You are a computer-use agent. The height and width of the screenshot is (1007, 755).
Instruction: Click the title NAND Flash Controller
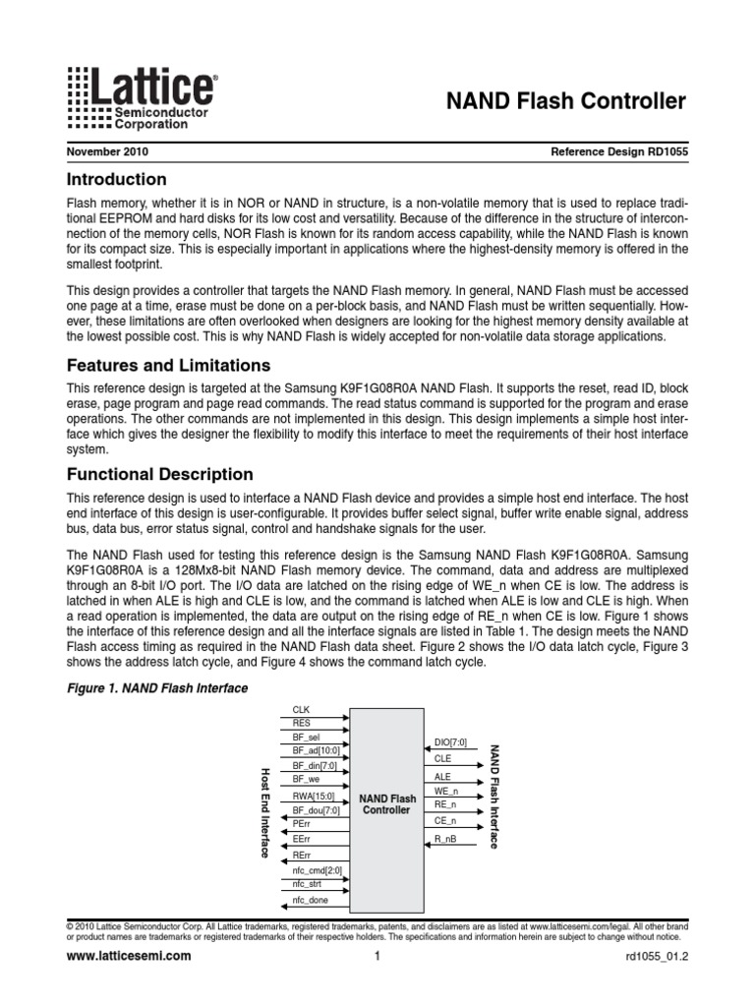(567, 101)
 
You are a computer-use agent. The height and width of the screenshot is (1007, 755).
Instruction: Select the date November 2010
(107, 152)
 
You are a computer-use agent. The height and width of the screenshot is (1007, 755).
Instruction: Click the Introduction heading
(116, 180)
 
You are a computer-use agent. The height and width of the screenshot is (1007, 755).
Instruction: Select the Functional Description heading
(159, 473)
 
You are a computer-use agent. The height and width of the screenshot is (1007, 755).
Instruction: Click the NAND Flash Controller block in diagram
(387, 803)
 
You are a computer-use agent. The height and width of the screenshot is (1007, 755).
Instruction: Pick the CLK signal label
(301, 709)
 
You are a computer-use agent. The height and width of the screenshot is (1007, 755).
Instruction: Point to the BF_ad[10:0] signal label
(314, 750)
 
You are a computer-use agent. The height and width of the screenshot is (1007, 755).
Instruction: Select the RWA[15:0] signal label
(314, 796)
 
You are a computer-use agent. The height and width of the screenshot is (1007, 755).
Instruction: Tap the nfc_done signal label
(312, 901)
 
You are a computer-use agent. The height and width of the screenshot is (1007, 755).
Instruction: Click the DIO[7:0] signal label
(449, 742)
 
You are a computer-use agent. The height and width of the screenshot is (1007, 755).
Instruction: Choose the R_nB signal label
(445, 839)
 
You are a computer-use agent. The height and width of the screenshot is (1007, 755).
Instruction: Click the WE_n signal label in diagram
(447, 791)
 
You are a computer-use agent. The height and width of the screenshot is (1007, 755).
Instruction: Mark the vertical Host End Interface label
(264, 812)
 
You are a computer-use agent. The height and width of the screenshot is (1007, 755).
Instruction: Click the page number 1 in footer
(377, 956)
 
